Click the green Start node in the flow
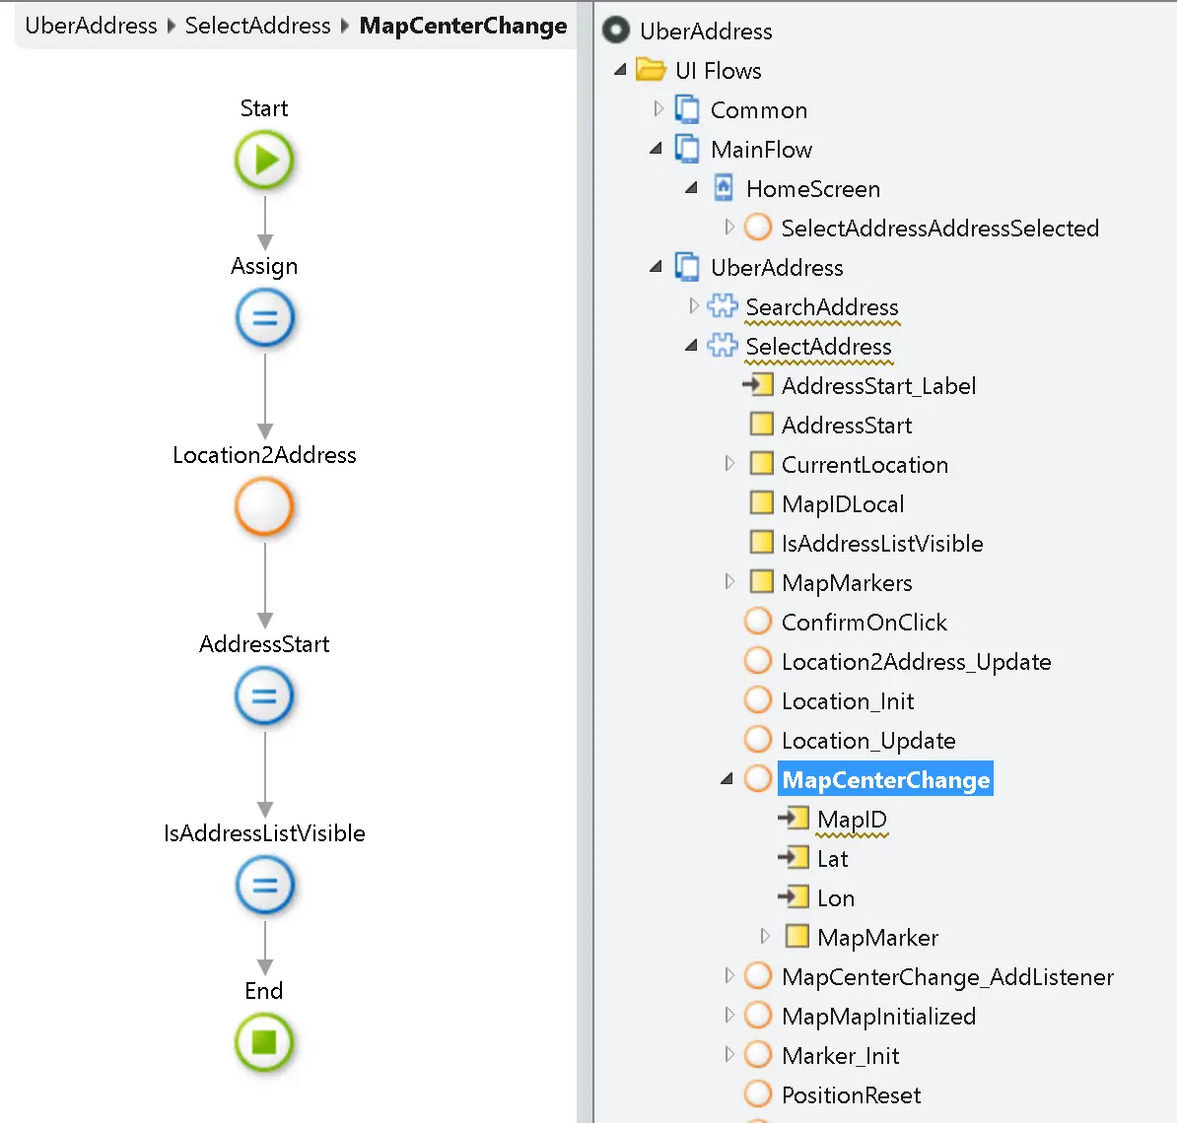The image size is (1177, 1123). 264,160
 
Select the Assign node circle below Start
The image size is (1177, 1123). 264,319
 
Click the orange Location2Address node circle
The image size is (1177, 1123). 264,507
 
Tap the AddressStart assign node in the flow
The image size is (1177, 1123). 264,696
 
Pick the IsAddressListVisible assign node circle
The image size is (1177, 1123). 264,885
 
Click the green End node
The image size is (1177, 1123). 264,1042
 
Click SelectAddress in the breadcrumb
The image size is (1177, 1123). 257,26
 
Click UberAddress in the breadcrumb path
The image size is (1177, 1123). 91,26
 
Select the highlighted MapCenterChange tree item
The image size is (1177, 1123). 884,780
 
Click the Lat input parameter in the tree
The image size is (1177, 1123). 832,859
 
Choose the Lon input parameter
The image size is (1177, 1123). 835,898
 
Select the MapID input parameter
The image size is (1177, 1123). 852,820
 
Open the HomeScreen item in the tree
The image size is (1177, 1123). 812,189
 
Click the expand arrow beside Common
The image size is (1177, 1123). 658,109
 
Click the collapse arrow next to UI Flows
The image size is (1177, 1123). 620,70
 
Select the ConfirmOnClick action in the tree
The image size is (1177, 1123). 864,623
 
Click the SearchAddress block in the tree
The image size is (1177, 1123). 821,307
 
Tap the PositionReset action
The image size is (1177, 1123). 851,1095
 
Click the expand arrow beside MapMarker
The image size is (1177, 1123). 765,937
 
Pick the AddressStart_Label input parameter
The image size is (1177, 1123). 877,386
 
